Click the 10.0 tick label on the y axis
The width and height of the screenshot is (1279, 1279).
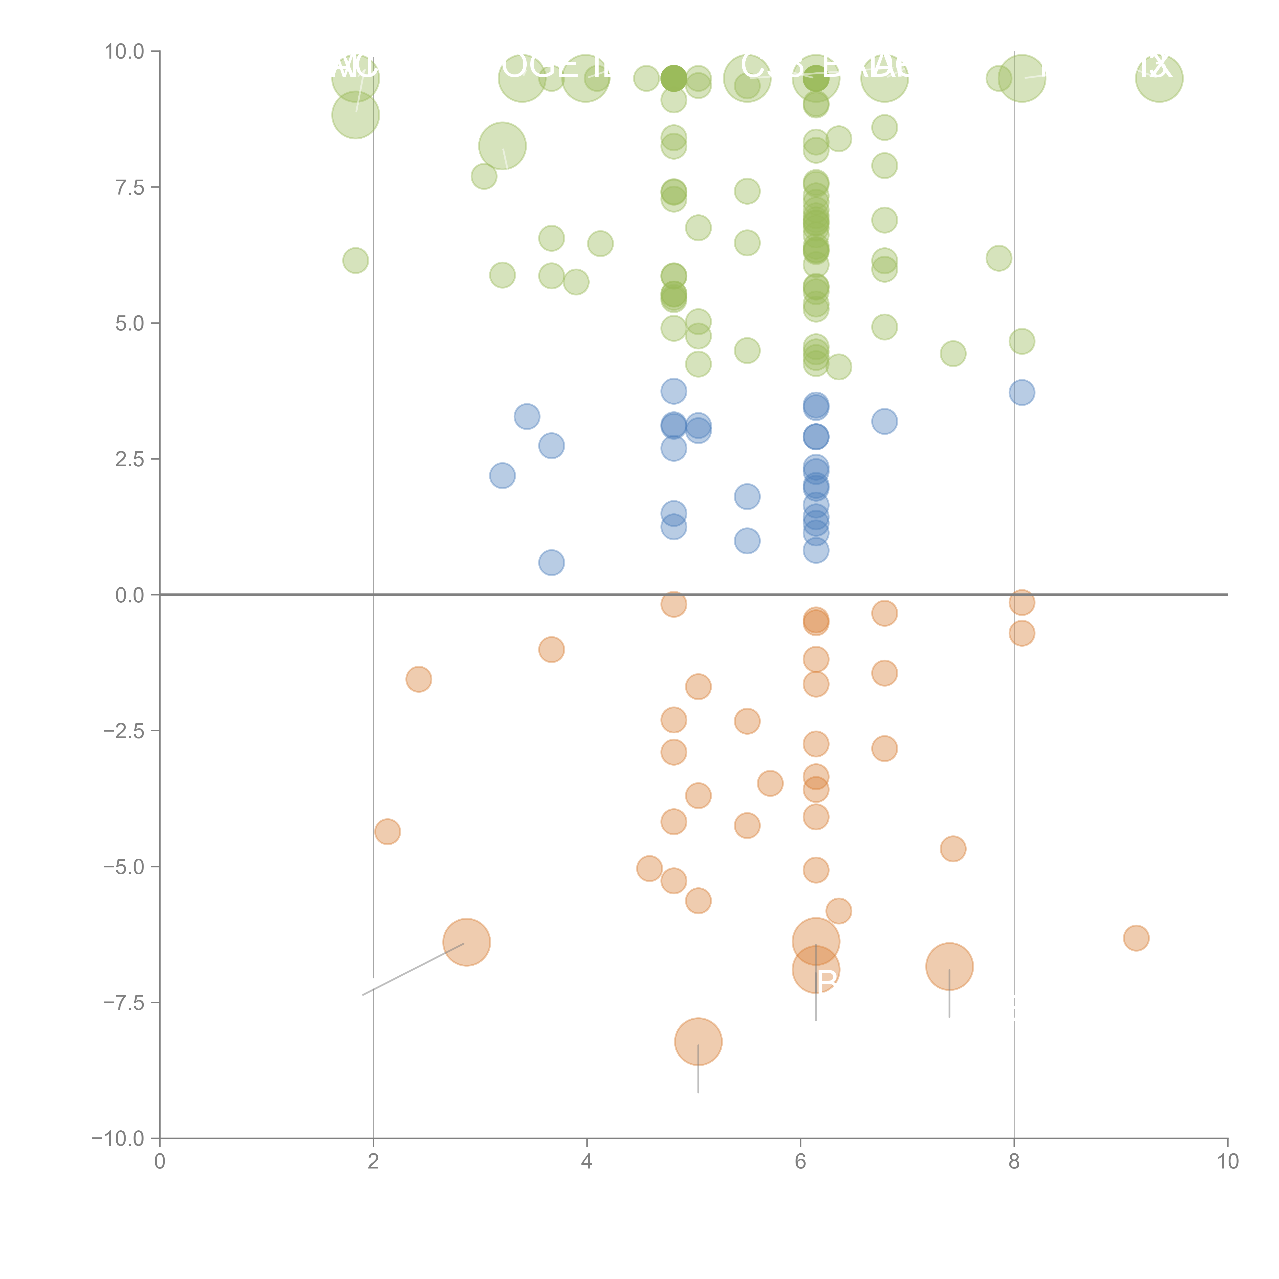point(125,52)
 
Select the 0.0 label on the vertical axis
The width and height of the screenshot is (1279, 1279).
point(130,595)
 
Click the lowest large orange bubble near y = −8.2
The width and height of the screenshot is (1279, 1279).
point(698,1041)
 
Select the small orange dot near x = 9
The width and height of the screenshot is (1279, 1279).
point(1136,938)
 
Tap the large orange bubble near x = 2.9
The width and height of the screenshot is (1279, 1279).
point(467,942)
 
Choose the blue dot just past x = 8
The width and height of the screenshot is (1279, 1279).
point(1021,393)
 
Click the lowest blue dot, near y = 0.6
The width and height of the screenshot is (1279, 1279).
point(552,563)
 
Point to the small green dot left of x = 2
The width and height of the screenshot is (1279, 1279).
point(356,260)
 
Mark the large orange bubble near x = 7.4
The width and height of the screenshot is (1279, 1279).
point(949,966)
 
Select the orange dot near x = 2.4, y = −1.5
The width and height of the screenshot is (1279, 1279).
point(418,679)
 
